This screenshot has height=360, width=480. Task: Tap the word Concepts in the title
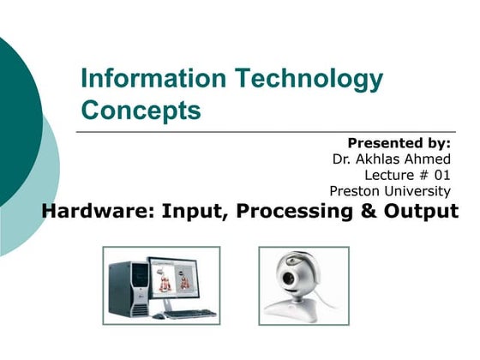[141, 111]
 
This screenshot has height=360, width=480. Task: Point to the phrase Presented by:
[399, 142]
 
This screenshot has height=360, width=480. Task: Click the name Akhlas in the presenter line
[381, 159]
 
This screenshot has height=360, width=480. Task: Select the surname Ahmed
[429, 159]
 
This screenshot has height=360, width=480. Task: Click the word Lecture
[389, 175]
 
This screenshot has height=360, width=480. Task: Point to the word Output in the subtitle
[423, 212]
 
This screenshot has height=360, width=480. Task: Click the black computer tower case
[126, 287]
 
